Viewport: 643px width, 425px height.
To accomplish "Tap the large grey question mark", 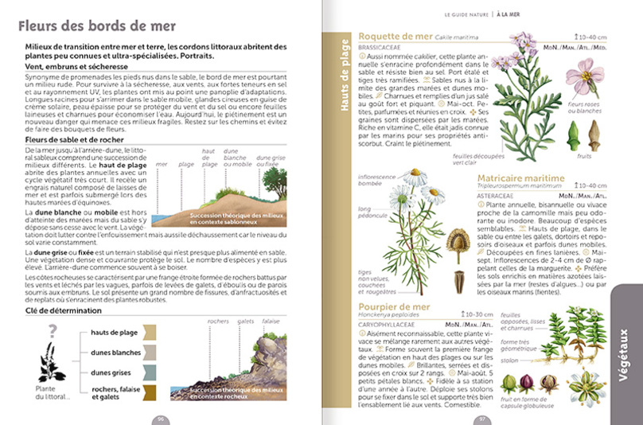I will (52, 330).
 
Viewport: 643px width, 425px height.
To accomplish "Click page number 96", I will (160, 418).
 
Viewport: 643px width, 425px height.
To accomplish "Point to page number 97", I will (481, 418).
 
